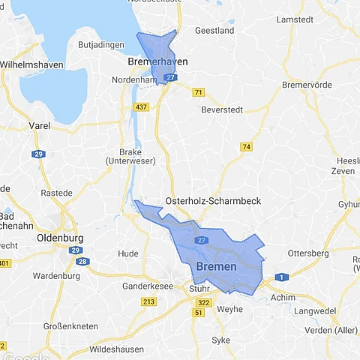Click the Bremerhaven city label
[157, 61]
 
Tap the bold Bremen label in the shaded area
[216, 267]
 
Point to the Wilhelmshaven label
[31, 64]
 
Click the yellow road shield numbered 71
[198, 92]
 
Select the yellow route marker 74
[246, 147]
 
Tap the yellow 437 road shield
[141, 108]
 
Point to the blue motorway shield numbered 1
[281, 277]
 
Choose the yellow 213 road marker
[148, 301]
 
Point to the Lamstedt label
[295, 17]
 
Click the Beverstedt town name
[222, 109]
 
